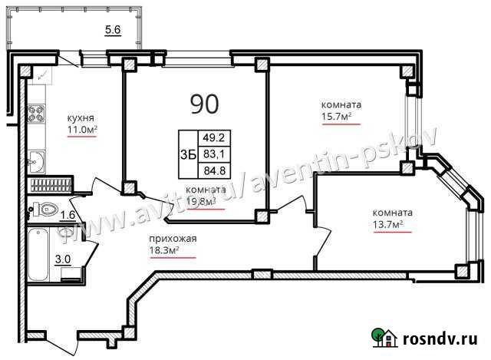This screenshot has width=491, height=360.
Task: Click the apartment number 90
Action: coord(204,102)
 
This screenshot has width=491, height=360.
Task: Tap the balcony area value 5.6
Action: coord(114,31)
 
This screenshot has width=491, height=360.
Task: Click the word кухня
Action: coord(81,118)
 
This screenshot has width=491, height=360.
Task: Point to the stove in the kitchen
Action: coord(35,115)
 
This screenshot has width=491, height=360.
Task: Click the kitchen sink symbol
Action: coord(36,161)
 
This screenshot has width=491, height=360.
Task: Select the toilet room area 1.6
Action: coord(68,216)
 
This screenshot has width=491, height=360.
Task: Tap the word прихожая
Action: coord(173,239)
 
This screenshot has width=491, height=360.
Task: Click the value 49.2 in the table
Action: coord(212,139)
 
